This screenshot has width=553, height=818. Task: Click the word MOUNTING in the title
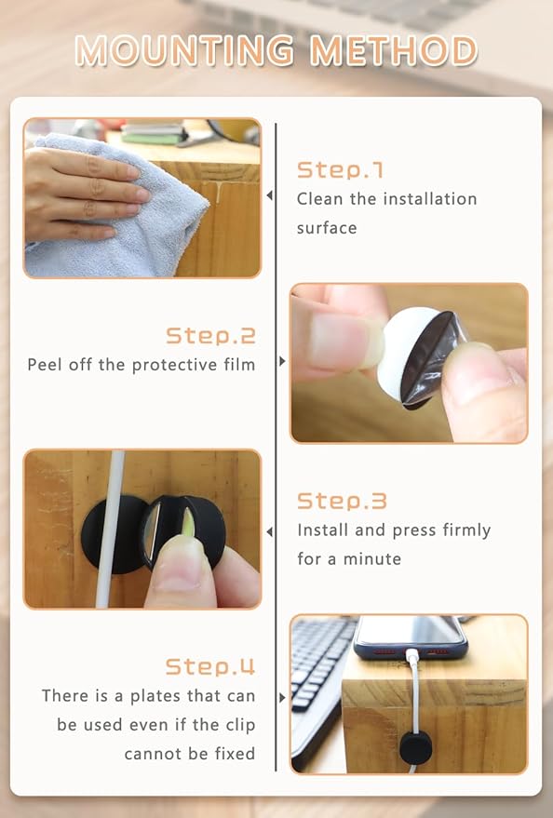coord(185,51)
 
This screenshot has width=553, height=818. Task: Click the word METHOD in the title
coord(394,51)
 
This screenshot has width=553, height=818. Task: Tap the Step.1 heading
coord(340,170)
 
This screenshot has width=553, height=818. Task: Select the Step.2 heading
coord(210,336)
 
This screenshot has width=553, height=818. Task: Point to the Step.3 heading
coord(342,502)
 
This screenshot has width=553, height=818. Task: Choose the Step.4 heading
coord(210,667)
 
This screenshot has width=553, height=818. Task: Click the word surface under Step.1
coord(327,228)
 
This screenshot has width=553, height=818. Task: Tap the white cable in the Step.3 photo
coord(110,529)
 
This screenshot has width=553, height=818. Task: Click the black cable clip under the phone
coord(416,746)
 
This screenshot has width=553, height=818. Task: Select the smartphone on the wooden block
coord(411,637)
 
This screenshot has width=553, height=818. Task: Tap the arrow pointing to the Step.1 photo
coord(270,195)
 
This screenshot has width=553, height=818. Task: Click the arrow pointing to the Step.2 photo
coord(282,361)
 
